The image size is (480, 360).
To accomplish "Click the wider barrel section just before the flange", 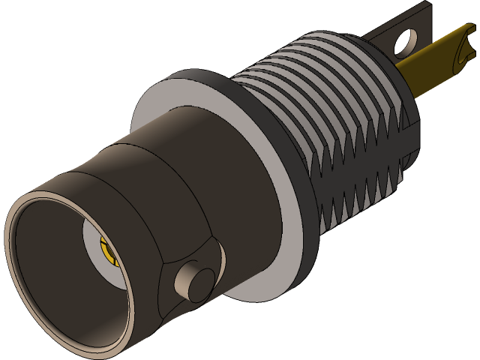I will point(202,180).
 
